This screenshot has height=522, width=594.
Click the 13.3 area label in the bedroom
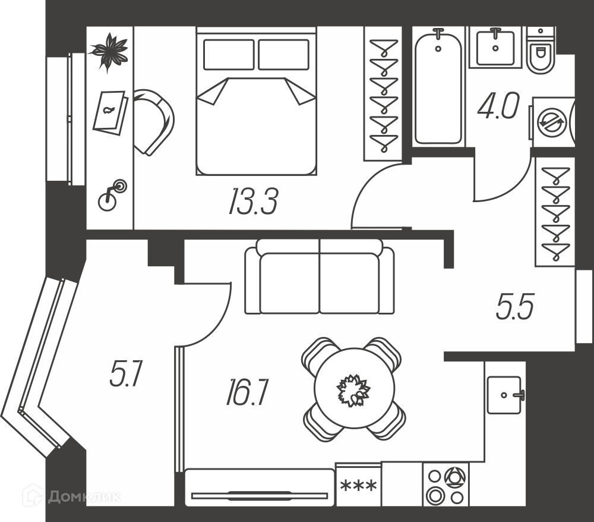point(254,202)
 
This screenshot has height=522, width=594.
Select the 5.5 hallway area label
point(515,306)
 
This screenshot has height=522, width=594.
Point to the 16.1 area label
point(247,392)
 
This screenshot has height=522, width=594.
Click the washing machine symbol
point(553,122)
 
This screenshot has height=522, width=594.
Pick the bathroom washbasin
point(495,48)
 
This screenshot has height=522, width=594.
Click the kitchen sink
point(504,395)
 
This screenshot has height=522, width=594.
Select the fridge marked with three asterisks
point(358,485)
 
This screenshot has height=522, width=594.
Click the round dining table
point(354,389)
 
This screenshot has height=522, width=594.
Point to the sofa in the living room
point(320,276)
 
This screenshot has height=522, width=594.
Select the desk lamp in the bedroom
point(112,195)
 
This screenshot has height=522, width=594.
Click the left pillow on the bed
point(229,55)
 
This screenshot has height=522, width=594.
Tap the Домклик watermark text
point(85,496)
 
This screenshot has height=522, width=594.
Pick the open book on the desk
point(110,111)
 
